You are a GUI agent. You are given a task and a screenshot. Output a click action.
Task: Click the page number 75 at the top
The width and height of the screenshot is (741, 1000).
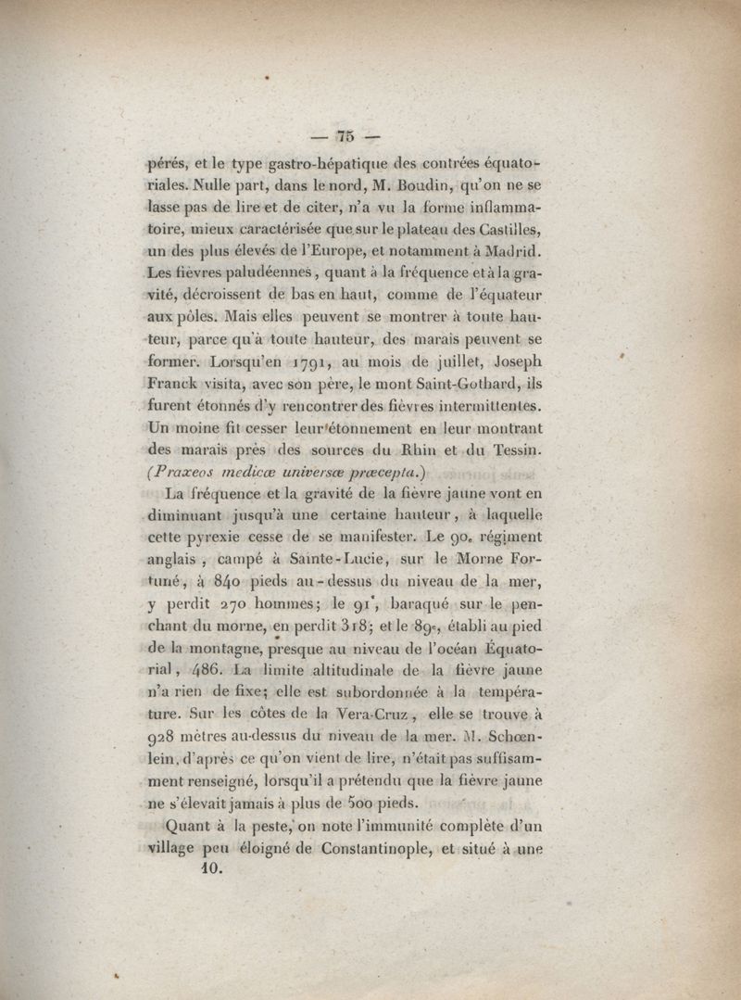[347, 135]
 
